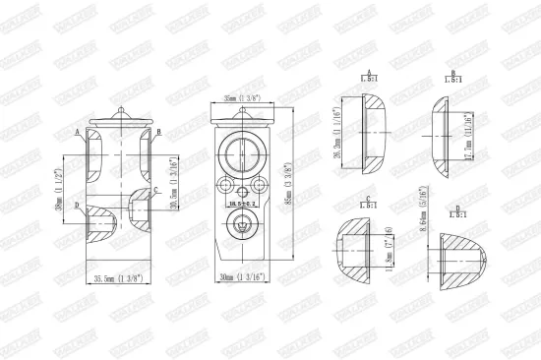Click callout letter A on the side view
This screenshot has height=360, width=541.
pyautogui.click(x=77, y=131)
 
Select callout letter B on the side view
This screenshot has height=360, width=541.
pyautogui.click(x=159, y=131)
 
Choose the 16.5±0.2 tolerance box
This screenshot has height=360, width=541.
pyautogui.click(x=239, y=204)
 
